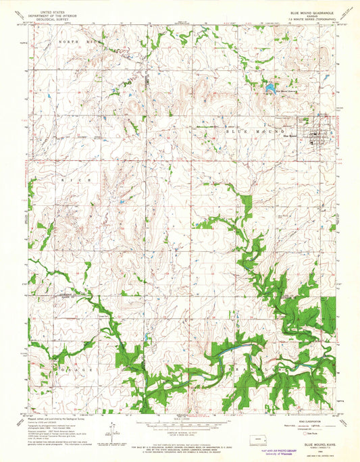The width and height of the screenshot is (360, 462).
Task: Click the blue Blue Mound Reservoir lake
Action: coord(269,88)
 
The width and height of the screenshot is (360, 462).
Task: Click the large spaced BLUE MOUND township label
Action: coord(260,128)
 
